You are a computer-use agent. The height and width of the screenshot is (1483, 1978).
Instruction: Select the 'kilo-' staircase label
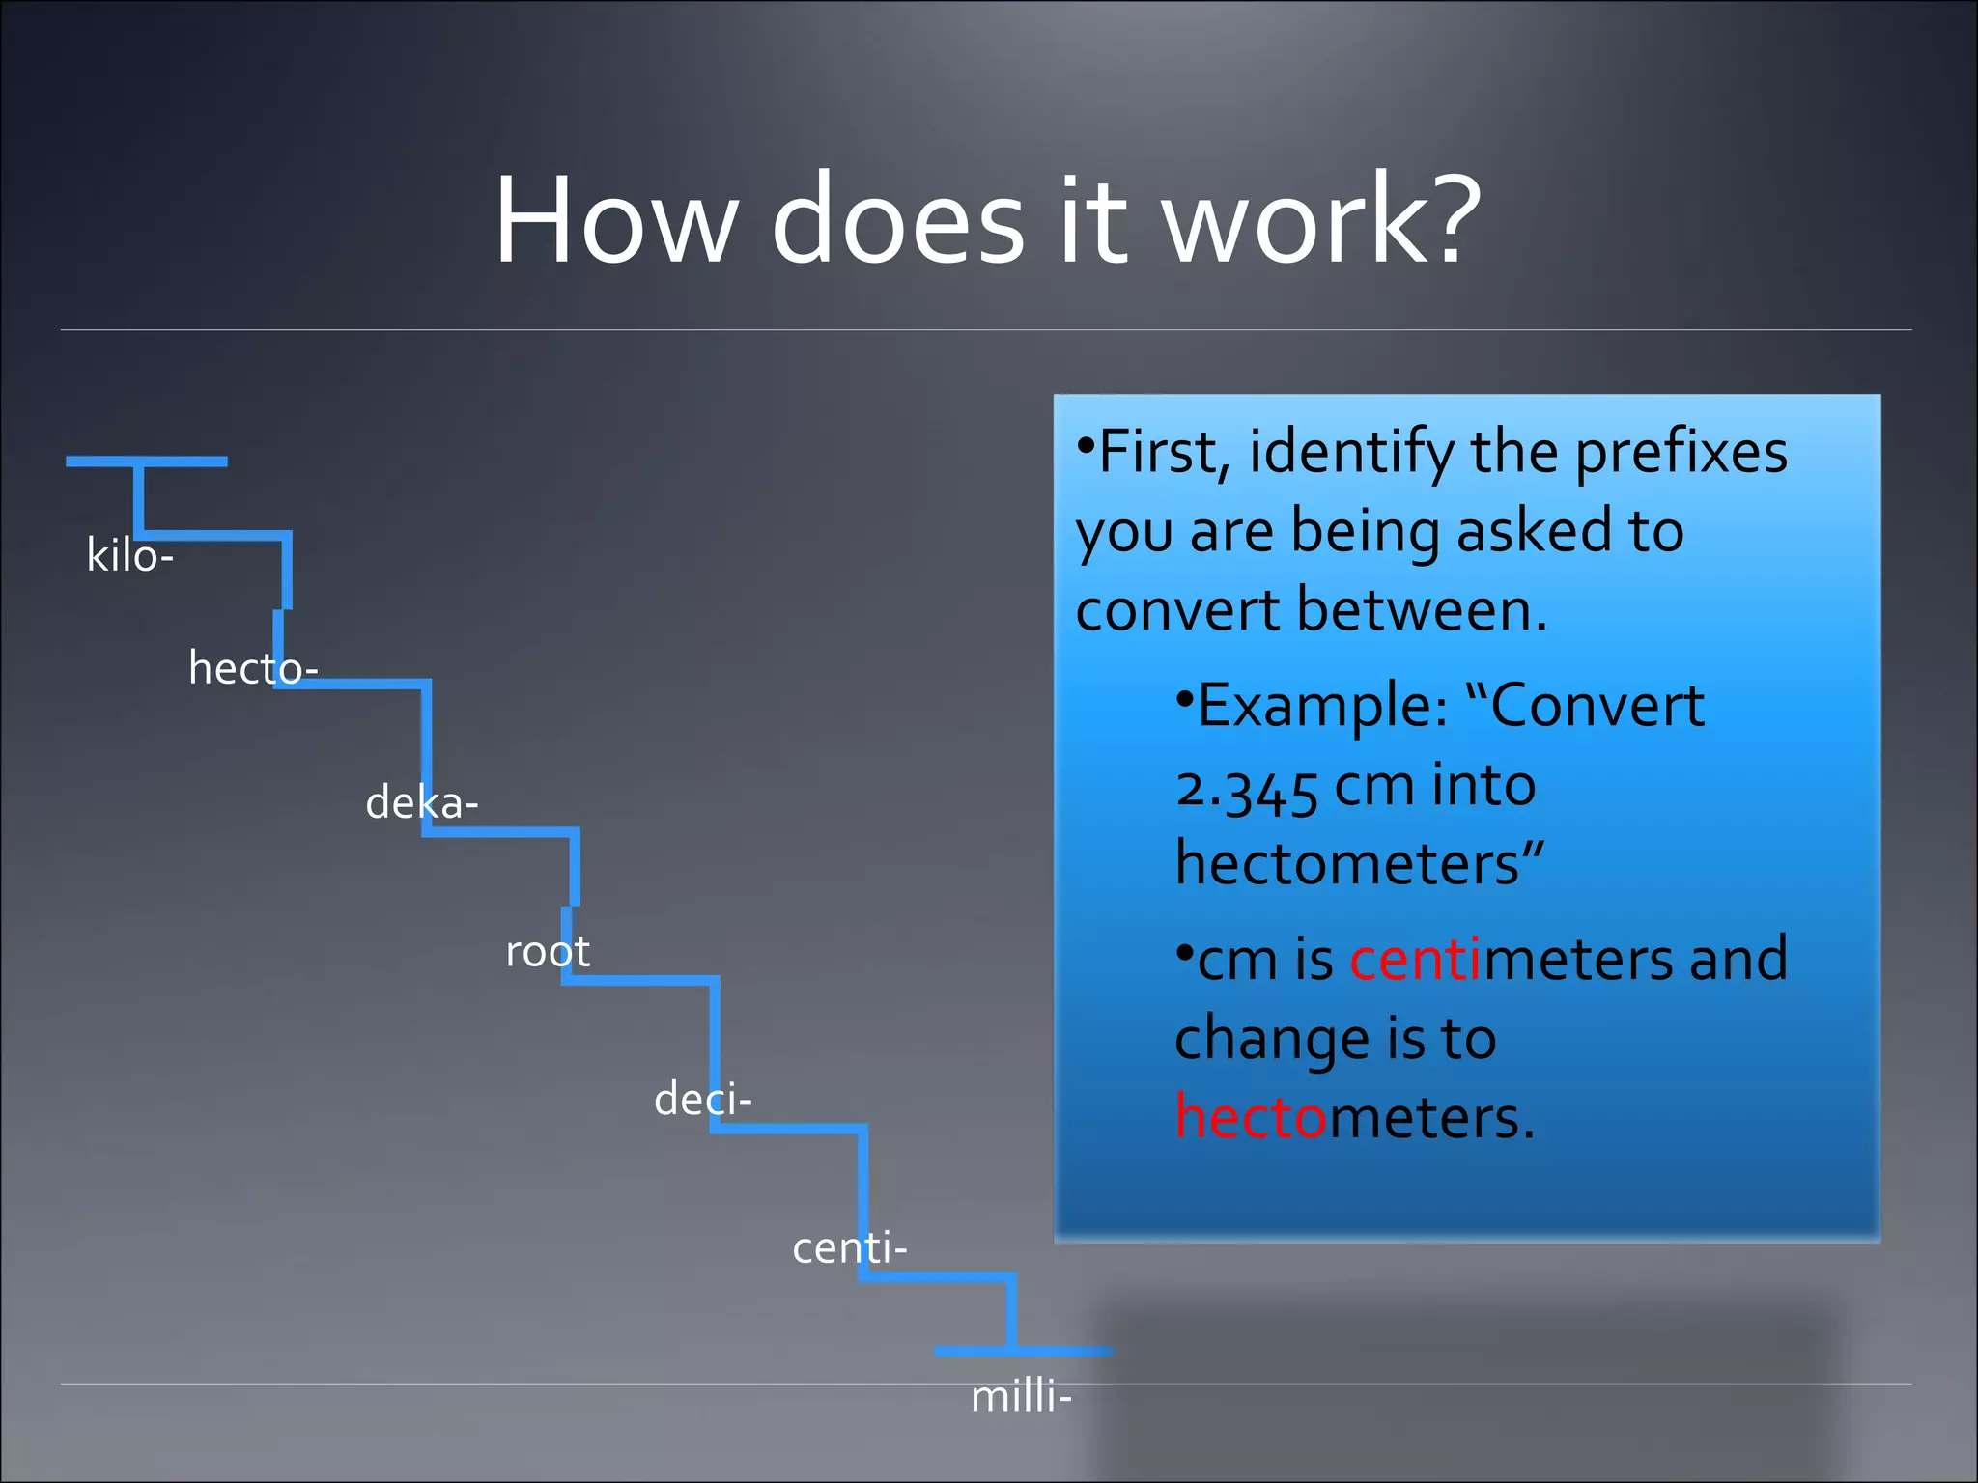click(x=129, y=556)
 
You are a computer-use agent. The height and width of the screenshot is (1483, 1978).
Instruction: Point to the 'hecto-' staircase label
click(x=253, y=668)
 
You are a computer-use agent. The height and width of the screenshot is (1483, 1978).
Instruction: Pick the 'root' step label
click(x=548, y=952)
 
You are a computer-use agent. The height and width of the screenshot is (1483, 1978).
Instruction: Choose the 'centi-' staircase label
click(x=849, y=1248)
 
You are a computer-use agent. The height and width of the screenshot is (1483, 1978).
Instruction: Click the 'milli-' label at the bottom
click(x=1021, y=1397)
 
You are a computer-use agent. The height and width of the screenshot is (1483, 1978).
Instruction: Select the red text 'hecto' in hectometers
click(x=1252, y=1118)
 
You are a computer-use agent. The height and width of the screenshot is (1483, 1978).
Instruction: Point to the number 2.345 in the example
click(x=1246, y=788)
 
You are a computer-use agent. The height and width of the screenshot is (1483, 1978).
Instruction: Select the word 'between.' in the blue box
click(x=1422, y=610)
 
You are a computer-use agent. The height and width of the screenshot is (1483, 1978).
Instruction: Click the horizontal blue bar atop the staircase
click(x=146, y=462)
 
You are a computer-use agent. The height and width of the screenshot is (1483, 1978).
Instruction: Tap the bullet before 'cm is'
click(x=1184, y=953)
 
